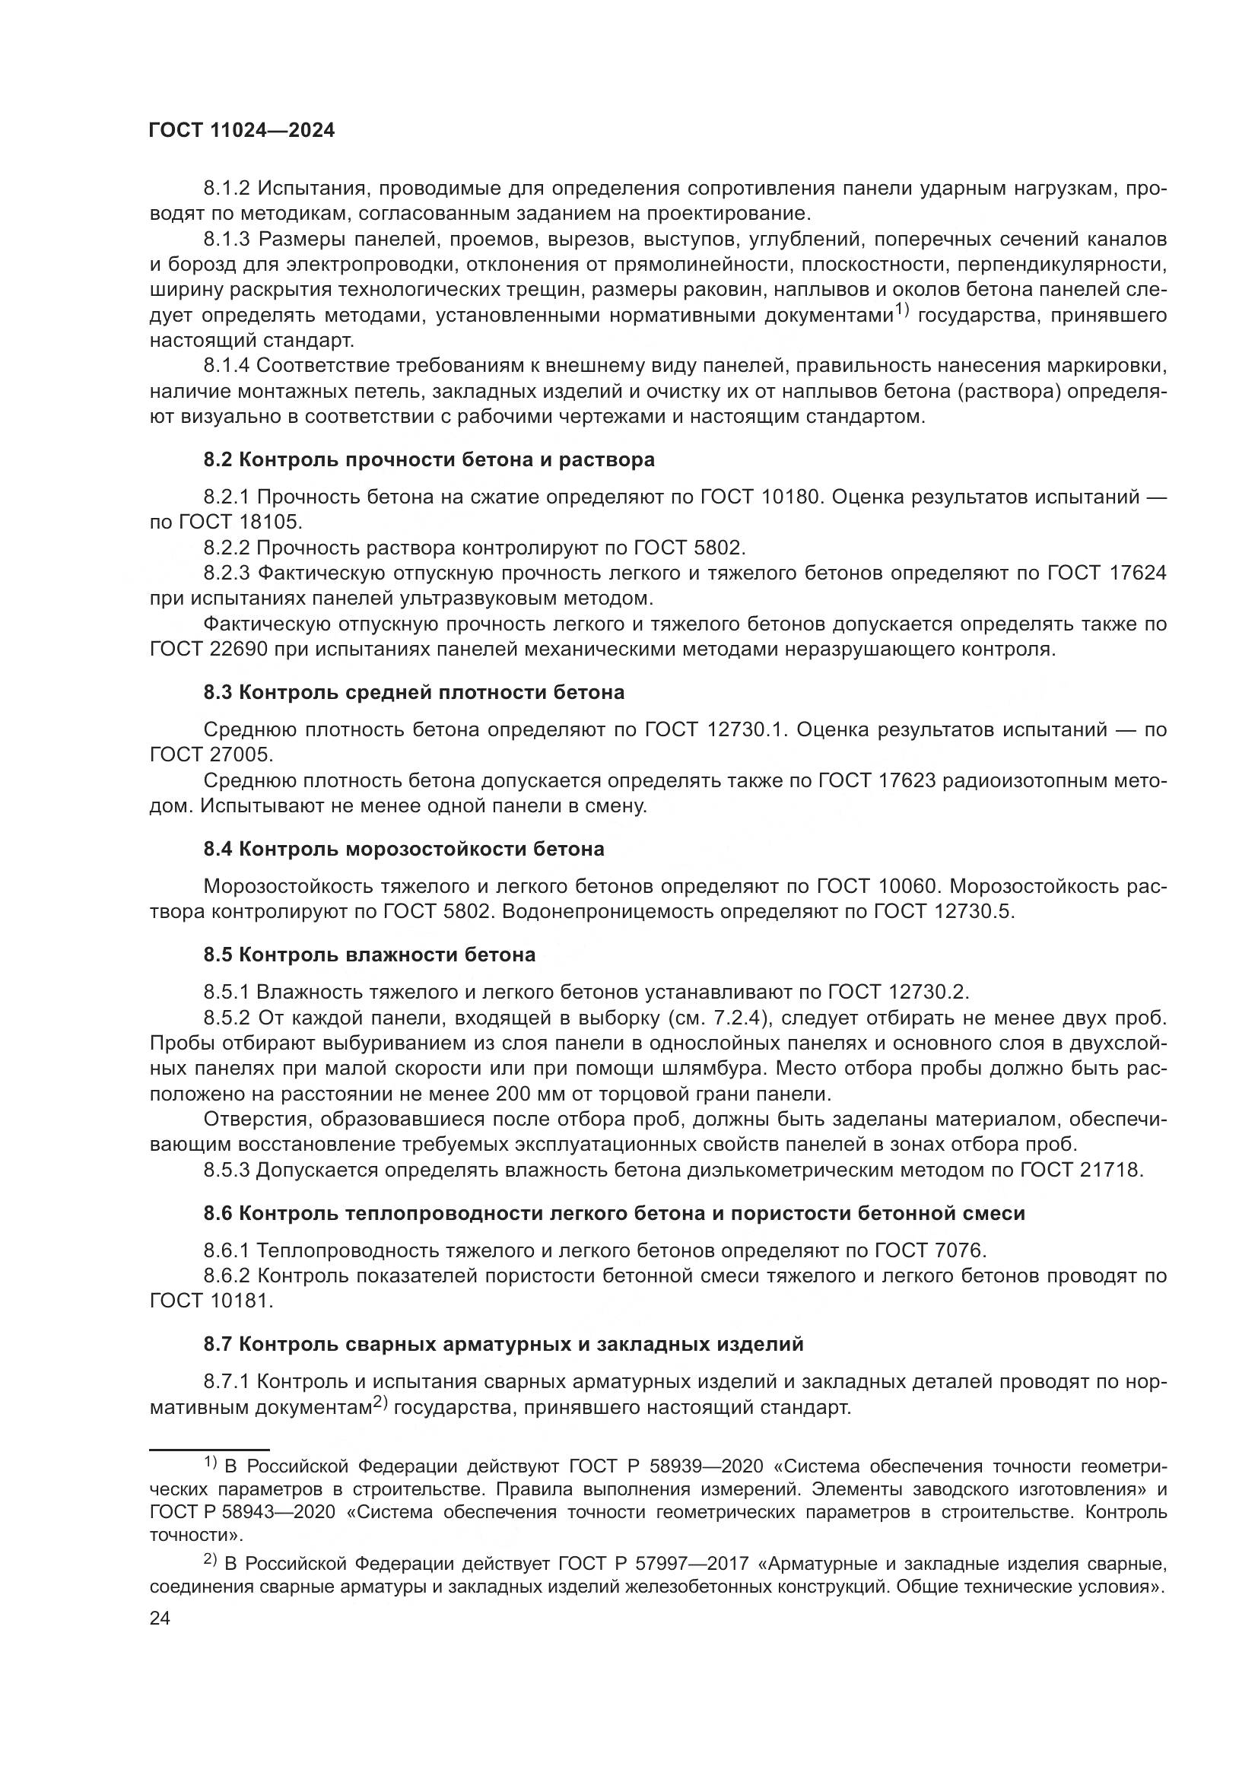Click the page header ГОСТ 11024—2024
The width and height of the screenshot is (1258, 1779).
click(242, 131)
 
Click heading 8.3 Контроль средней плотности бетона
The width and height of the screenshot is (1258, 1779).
click(414, 692)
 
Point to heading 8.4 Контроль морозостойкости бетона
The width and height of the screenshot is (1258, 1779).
click(404, 850)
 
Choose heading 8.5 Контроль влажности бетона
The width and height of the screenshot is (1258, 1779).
click(370, 955)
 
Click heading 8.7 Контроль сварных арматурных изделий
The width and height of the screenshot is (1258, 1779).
click(504, 1344)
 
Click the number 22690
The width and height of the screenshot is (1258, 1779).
click(238, 650)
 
